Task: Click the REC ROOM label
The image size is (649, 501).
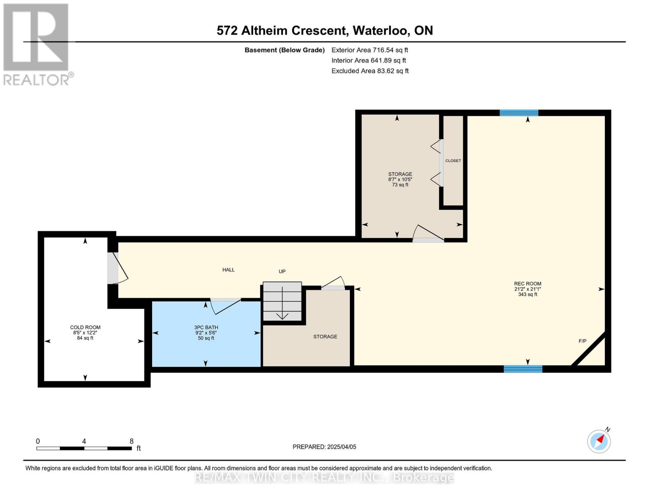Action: tap(527, 283)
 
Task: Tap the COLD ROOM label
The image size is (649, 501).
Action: tap(85, 327)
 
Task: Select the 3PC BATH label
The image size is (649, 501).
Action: tap(206, 327)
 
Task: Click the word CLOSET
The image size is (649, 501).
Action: tap(453, 161)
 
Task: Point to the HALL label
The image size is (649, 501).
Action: tap(229, 270)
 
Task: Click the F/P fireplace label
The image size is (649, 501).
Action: tap(583, 341)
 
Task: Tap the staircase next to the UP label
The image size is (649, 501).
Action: tap(282, 301)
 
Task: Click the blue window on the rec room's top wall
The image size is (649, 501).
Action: tap(519, 113)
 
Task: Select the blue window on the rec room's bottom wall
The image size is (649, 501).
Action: tap(523, 369)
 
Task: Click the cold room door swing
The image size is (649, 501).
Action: tap(118, 268)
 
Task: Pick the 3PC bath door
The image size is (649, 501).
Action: tap(226, 306)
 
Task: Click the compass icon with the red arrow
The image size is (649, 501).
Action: tap(599, 442)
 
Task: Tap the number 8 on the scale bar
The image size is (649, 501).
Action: tap(131, 441)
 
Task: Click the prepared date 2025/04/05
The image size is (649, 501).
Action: tap(342, 447)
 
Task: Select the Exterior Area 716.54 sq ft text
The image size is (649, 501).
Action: tap(370, 50)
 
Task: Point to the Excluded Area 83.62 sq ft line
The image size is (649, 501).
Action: tap(370, 71)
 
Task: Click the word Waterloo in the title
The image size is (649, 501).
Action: tap(381, 30)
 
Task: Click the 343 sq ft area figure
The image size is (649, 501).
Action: tap(527, 294)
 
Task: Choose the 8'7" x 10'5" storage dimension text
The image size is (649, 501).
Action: tap(400, 180)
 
